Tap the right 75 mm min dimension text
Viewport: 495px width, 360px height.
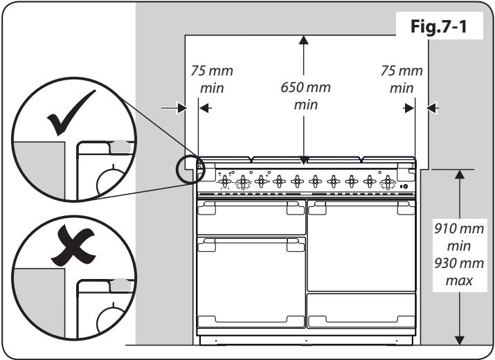401,80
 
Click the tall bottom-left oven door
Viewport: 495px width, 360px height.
251,280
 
